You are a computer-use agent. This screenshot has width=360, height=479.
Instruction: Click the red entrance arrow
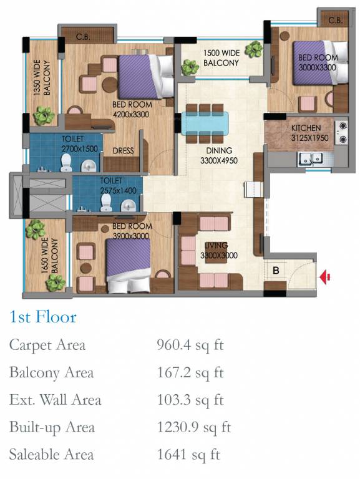pyautogui.click(x=325, y=277)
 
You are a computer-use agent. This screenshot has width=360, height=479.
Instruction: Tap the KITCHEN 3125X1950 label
pyautogui.click(x=309, y=133)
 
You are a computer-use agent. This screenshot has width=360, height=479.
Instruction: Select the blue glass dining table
pyautogui.click(x=205, y=123)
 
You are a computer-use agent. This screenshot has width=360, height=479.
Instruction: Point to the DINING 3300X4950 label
pyautogui.click(x=219, y=155)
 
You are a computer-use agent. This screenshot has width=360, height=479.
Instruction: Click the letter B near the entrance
pyautogui.click(x=276, y=270)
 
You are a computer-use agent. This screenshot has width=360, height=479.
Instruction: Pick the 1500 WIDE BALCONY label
pyautogui.click(x=221, y=58)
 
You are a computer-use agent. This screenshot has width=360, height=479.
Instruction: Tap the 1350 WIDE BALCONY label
pyautogui.click(x=42, y=77)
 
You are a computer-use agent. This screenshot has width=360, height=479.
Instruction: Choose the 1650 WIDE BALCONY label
pyautogui.click(x=49, y=255)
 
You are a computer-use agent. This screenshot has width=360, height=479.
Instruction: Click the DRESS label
pyautogui.click(x=123, y=150)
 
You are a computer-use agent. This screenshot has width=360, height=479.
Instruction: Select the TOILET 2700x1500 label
pyautogui.click(x=79, y=144)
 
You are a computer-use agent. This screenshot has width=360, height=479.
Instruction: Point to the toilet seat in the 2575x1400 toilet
pyautogui.click(x=106, y=203)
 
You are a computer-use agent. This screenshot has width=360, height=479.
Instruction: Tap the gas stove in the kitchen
pyautogui.click(x=342, y=133)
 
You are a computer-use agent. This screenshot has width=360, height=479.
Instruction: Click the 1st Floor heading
pyautogui.click(x=43, y=316)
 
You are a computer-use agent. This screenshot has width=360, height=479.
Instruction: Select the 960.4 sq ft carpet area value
pyautogui.click(x=190, y=345)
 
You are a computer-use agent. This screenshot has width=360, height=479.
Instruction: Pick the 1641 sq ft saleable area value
pyautogui.click(x=188, y=455)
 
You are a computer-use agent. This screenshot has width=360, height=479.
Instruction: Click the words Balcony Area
pyautogui.click(x=51, y=373)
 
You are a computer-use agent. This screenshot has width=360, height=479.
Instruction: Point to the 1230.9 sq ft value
pyautogui.click(x=194, y=427)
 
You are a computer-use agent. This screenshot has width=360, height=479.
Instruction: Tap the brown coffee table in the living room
pyautogui.click(x=216, y=253)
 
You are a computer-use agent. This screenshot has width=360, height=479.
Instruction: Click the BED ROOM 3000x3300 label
pyautogui.click(x=318, y=62)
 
